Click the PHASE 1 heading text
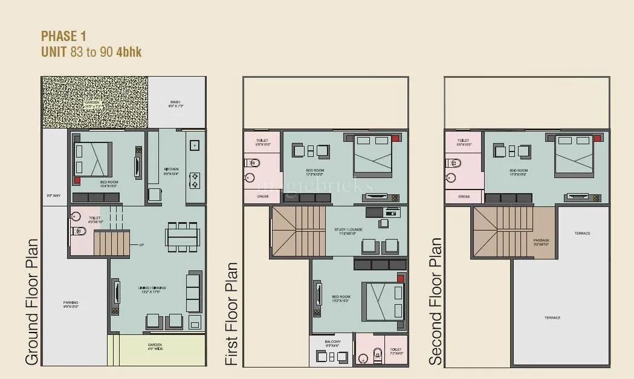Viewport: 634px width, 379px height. [x=63, y=36]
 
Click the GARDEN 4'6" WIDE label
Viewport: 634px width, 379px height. [x=155, y=348]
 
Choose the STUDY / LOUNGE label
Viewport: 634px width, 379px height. [x=349, y=231]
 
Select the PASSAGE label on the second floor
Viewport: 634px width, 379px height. [x=542, y=241]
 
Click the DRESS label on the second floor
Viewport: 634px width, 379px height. [x=464, y=196]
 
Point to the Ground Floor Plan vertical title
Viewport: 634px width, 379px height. [x=33, y=302]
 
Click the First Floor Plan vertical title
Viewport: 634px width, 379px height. [x=233, y=314]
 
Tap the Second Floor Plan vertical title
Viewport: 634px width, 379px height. [x=436, y=302]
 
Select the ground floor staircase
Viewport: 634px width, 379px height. [x=112, y=242]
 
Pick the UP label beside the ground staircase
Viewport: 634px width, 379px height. [x=141, y=244]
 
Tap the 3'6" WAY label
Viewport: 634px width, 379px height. [x=54, y=196]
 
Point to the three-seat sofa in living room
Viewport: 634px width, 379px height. [x=193, y=292]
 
